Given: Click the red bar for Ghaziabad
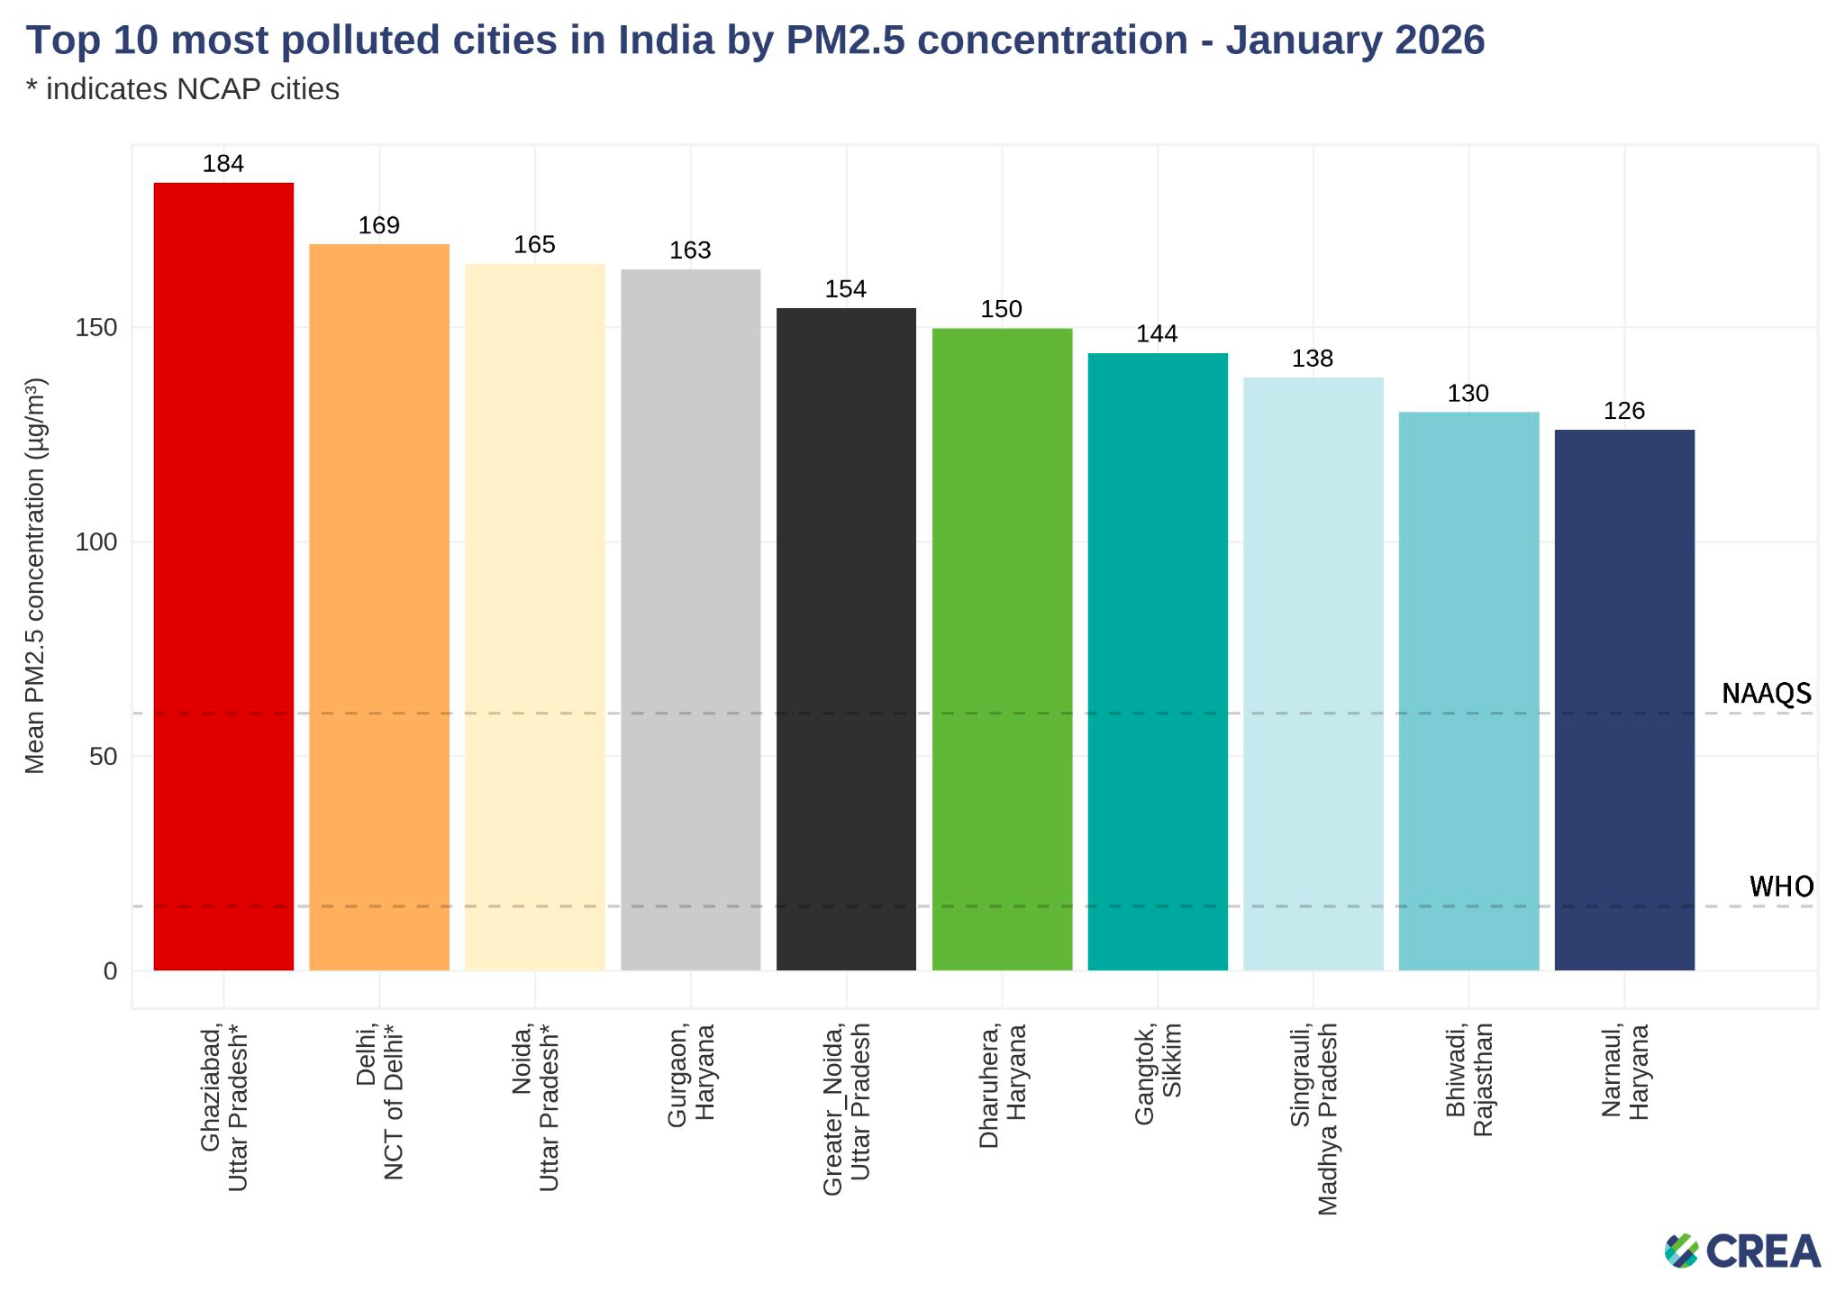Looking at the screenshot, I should pos(223,577).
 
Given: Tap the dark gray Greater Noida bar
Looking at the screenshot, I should pos(846,639).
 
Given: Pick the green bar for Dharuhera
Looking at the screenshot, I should pos(1002,649).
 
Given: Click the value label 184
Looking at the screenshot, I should pos(223,164).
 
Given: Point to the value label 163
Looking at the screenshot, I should pos(690,250).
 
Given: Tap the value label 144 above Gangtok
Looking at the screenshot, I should pos(1157,334).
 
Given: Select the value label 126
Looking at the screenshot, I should pos(1624,411).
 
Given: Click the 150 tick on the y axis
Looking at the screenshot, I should pos(97,328).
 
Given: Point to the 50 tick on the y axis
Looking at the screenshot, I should pos(105,757).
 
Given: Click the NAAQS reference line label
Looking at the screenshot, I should pos(1766,693).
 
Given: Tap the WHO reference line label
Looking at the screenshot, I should pos(1781,887).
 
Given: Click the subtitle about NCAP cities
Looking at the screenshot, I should pos(183,89).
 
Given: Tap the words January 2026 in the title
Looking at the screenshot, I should pos(1355,41).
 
